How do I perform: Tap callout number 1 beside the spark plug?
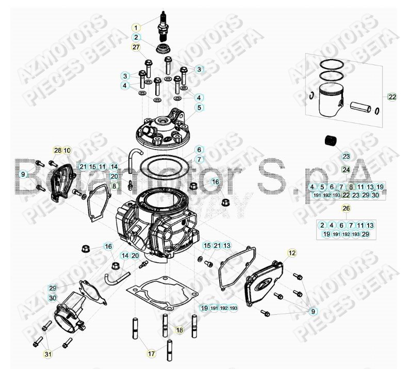tap(136, 27)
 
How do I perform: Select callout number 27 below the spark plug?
tap(136, 47)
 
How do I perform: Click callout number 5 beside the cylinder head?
tap(199, 108)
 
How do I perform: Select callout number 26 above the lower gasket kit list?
tap(346, 208)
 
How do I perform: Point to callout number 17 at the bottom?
tap(151, 354)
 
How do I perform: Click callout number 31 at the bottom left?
tap(47, 354)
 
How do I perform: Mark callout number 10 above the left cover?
tap(68, 150)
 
